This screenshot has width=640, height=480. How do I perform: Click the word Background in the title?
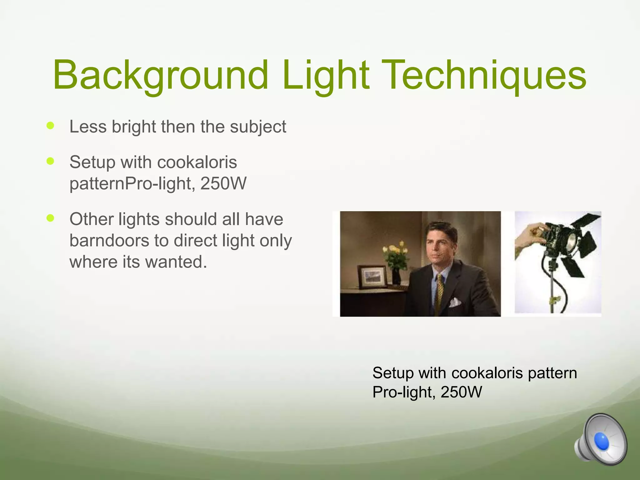[x=160, y=76]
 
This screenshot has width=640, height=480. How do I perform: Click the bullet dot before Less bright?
[x=50, y=126]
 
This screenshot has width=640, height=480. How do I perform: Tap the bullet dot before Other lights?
[x=50, y=218]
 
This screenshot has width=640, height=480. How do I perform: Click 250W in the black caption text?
[x=461, y=392]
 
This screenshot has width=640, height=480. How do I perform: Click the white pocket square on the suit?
[x=455, y=302]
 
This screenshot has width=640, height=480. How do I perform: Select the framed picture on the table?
[x=372, y=277]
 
